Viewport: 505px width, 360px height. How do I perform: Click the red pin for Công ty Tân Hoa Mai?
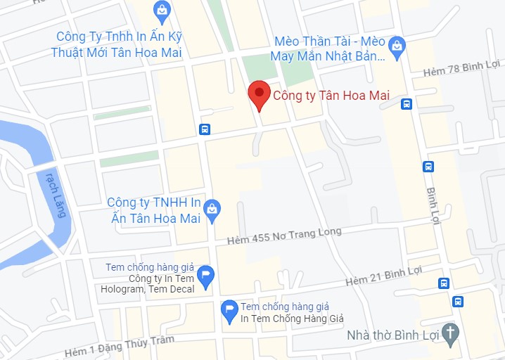click(259, 95)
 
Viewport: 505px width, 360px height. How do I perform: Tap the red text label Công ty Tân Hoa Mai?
click(331, 96)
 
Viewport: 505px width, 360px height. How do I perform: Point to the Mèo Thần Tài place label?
click(329, 48)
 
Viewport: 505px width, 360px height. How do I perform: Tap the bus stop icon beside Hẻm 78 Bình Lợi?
click(406, 104)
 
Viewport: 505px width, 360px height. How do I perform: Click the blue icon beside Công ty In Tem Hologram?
click(205, 276)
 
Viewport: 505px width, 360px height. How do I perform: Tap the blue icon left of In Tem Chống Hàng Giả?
click(229, 311)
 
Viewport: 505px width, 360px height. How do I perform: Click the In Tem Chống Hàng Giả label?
click(291, 313)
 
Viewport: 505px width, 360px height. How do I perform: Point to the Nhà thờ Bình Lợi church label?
click(393, 334)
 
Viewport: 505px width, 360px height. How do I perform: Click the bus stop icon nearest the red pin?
click(204, 129)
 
